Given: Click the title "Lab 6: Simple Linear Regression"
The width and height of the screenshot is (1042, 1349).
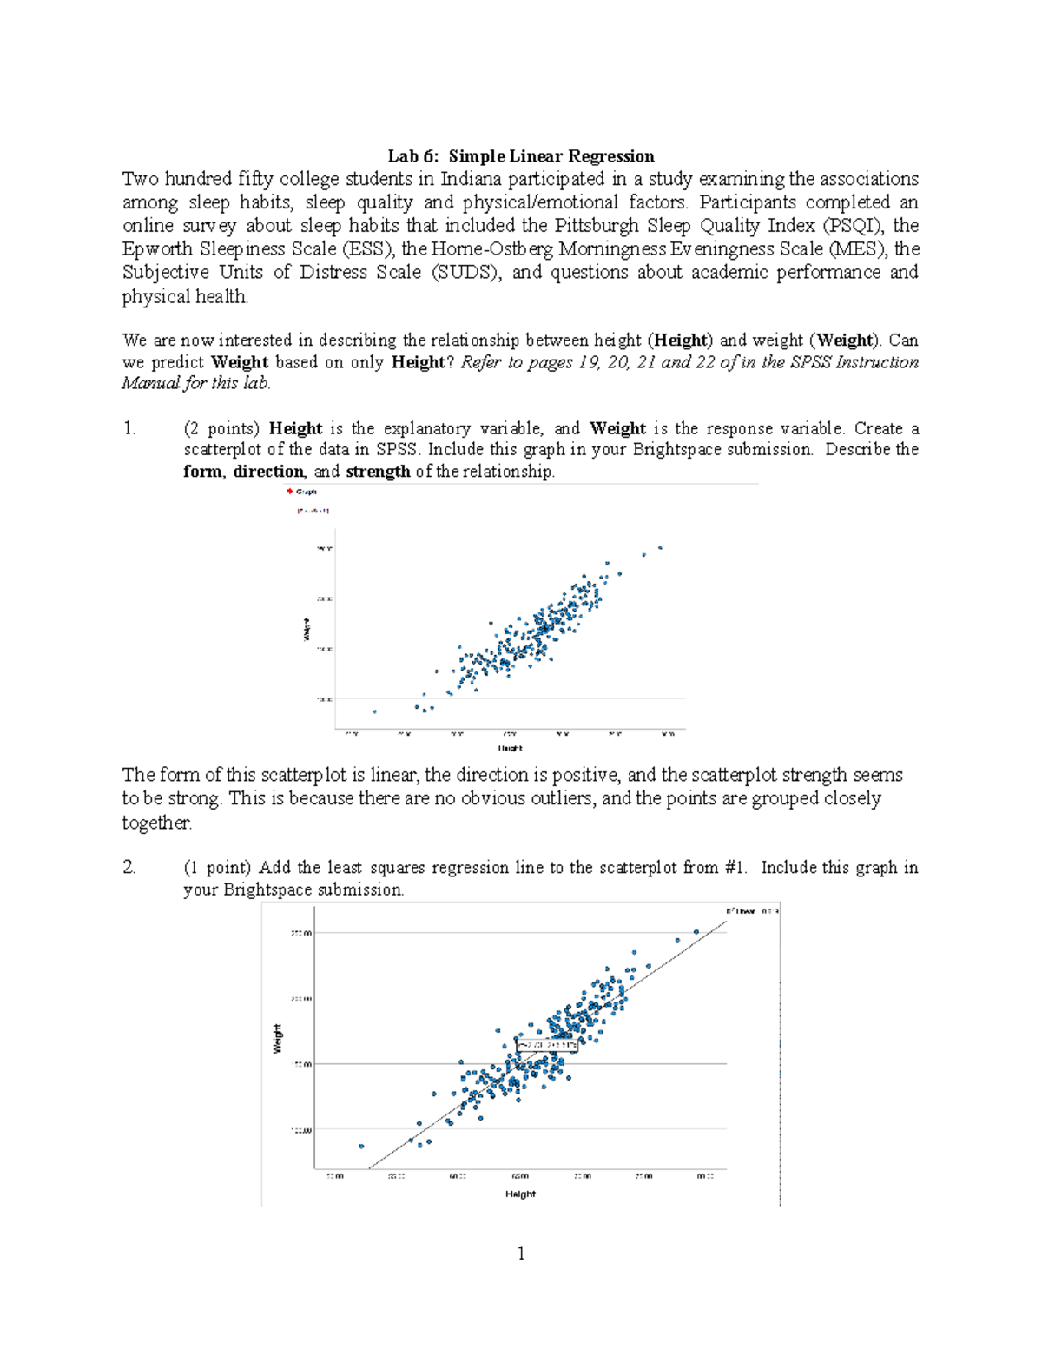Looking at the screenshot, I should click(520, 156).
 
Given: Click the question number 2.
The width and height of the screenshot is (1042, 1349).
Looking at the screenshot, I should click(129, 867).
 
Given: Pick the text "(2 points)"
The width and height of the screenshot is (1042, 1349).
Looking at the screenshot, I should click(221, 428).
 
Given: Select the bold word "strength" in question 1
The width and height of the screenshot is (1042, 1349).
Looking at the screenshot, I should click(378, 472).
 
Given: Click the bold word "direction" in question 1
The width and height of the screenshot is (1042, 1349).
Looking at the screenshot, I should click(268, 472).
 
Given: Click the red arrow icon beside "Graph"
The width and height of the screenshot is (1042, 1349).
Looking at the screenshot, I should click(289, 492).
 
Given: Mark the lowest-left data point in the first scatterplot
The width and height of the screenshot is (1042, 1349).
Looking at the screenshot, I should click(374, 711).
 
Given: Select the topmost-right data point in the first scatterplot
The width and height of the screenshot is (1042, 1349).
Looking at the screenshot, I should click(660, 547).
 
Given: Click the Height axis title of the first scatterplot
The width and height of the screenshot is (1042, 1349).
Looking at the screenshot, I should click(510, 748).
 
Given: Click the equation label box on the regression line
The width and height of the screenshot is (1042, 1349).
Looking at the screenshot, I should click(547, 1045).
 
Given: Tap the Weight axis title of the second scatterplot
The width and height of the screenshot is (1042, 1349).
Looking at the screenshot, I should click(278, 1039).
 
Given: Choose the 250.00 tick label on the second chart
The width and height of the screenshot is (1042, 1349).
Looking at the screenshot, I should click(301, 933).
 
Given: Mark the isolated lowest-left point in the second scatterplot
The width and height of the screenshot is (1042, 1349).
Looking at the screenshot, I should click(361, 1146).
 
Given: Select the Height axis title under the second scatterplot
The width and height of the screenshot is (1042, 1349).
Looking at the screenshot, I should click(520, 1194).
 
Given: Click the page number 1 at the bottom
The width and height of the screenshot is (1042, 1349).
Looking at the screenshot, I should click(520, 1253).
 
